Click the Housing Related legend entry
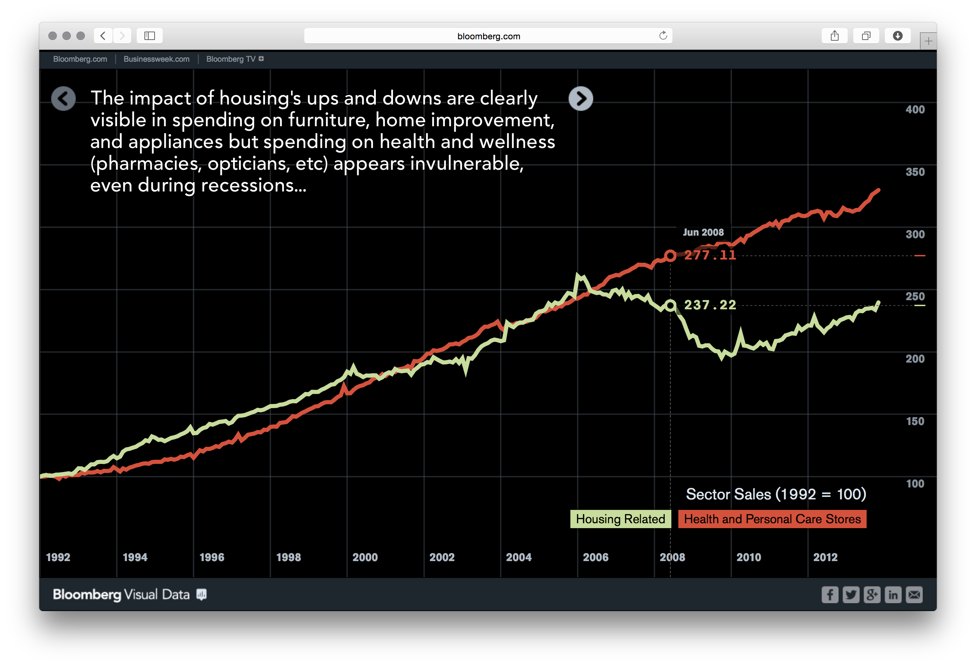(620, 519)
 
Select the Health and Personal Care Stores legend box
(772, 519)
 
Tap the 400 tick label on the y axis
(915, 110)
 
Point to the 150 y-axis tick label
(915, 421)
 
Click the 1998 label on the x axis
(289, 557)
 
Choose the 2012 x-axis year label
(825, 557)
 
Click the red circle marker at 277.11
(670, 255)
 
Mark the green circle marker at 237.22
(670, 305)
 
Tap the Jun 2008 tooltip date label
(703, 232)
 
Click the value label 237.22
(710, 305)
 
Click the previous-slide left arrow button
(63, 99)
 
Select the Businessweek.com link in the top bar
(156, 59)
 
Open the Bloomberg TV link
(231, 59)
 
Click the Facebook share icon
(829, 595)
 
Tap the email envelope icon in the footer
(914, 595)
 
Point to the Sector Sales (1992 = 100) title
(776, 494)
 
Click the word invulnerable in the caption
(467, 163)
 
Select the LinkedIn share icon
(893, 595)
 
